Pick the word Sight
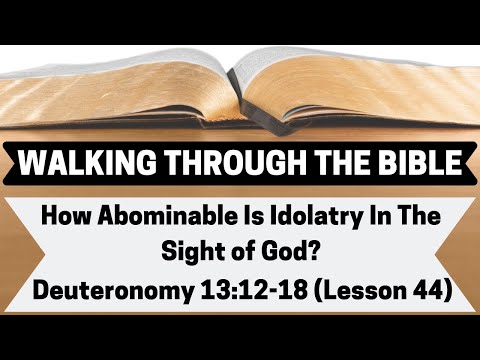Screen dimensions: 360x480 tap(186, 253)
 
